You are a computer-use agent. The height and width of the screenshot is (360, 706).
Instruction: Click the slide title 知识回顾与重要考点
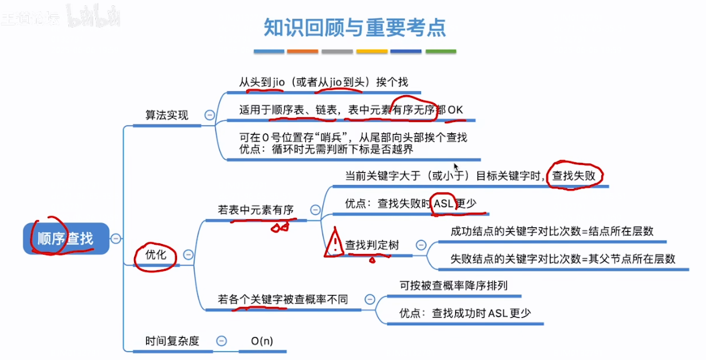pyautogui.click(x=355, y=27)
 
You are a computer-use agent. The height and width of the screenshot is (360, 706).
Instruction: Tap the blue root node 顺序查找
pyautogui.click(x=65, y=238)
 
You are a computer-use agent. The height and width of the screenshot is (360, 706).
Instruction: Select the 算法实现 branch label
pyautogui.click(x=167, y=115)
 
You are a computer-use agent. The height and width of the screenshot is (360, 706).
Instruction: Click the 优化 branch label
pyautogui.click(x=156, y=255)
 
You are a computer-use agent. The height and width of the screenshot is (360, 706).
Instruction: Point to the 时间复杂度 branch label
pyautogui.click(x=172, y=341)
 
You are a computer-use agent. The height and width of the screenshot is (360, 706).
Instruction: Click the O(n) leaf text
pyautogui.click(x=262, y=341)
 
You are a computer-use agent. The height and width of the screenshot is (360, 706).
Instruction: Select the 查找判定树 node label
pyautogui.click(x=372, y=245)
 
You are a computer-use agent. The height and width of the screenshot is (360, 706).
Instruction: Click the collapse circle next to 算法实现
pyautogui.click(x=209, y=115)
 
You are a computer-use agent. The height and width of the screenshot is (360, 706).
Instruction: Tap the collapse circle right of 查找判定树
pyautogui.click(x=421, y=245)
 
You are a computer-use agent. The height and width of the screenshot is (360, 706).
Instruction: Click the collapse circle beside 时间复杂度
pyautogui.click(x=221, y=341)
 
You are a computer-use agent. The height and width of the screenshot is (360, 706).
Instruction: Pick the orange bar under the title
pyautogui.click(x=302, y=51)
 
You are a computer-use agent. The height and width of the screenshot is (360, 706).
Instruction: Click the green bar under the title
pyautogui.click(x=440, y=51)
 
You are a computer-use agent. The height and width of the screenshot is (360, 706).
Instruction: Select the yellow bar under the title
pyautogui.click(x=371, y=51)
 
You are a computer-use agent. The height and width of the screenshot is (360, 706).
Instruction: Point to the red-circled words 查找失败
pyautogui.click(x=576, y=176)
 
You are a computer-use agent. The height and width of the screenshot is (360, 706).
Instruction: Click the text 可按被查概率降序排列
pyautogui.click(x=453, y=285)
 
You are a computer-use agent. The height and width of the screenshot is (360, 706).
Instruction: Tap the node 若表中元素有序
pyautogui.click(x=256, y=210)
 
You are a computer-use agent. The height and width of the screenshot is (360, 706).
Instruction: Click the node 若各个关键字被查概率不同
pyautogui.click(x=283, y=300)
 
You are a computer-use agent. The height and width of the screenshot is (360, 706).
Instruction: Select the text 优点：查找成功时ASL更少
pyautogui.click(x=465, y=312)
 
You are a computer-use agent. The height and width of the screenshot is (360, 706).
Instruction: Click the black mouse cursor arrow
pyautogui.click(x=457, y=167)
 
